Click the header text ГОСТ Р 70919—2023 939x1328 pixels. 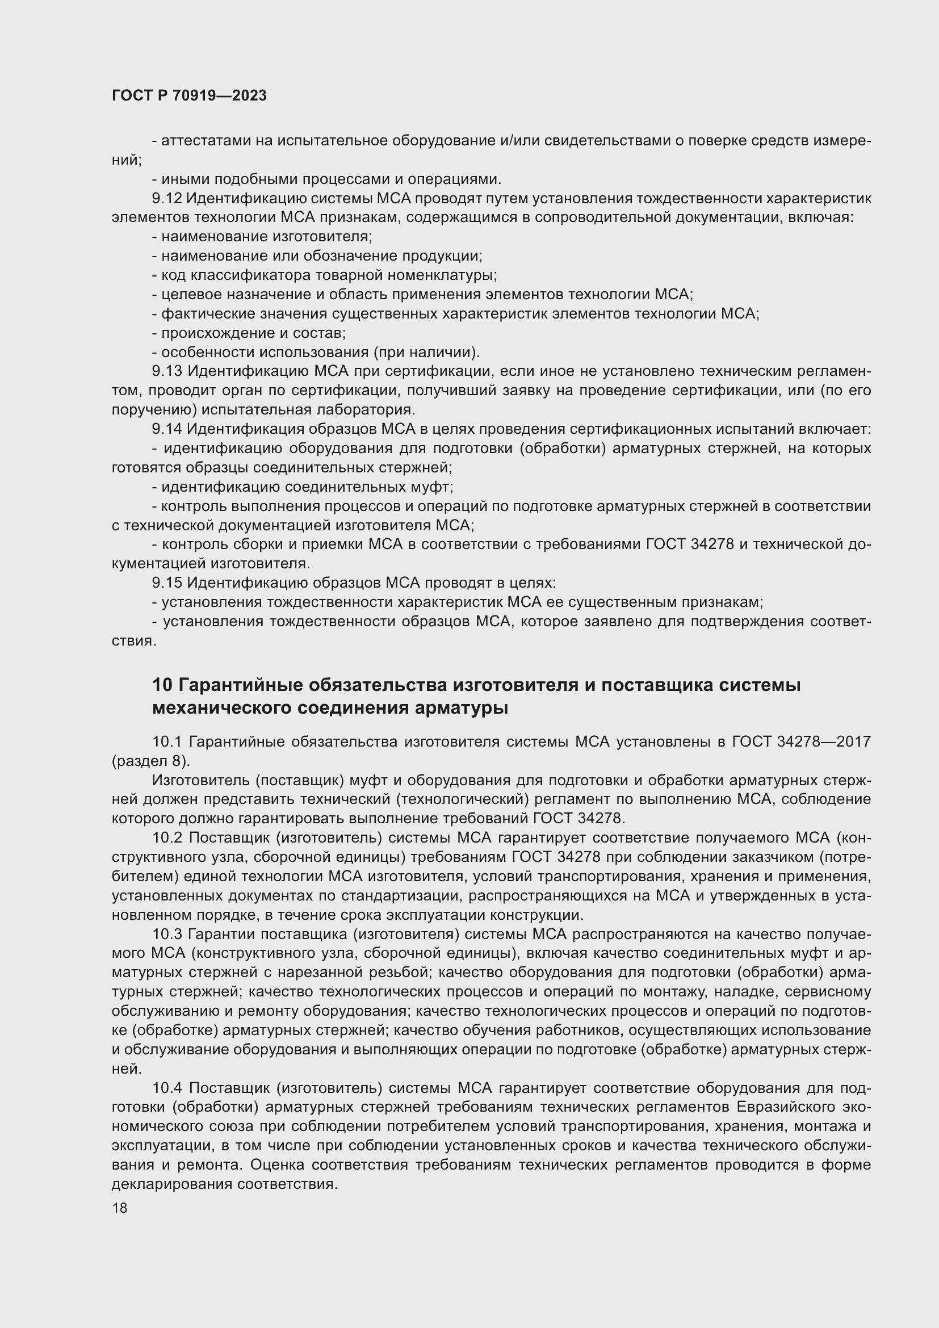tap(189, 96)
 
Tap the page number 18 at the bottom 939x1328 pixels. tap(120, 1208)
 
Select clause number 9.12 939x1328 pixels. tap(166, 198)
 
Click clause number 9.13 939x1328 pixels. tap(167, 371)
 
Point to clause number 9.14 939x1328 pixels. tap(166, 429)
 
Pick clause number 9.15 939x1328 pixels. tap(166, 583)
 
